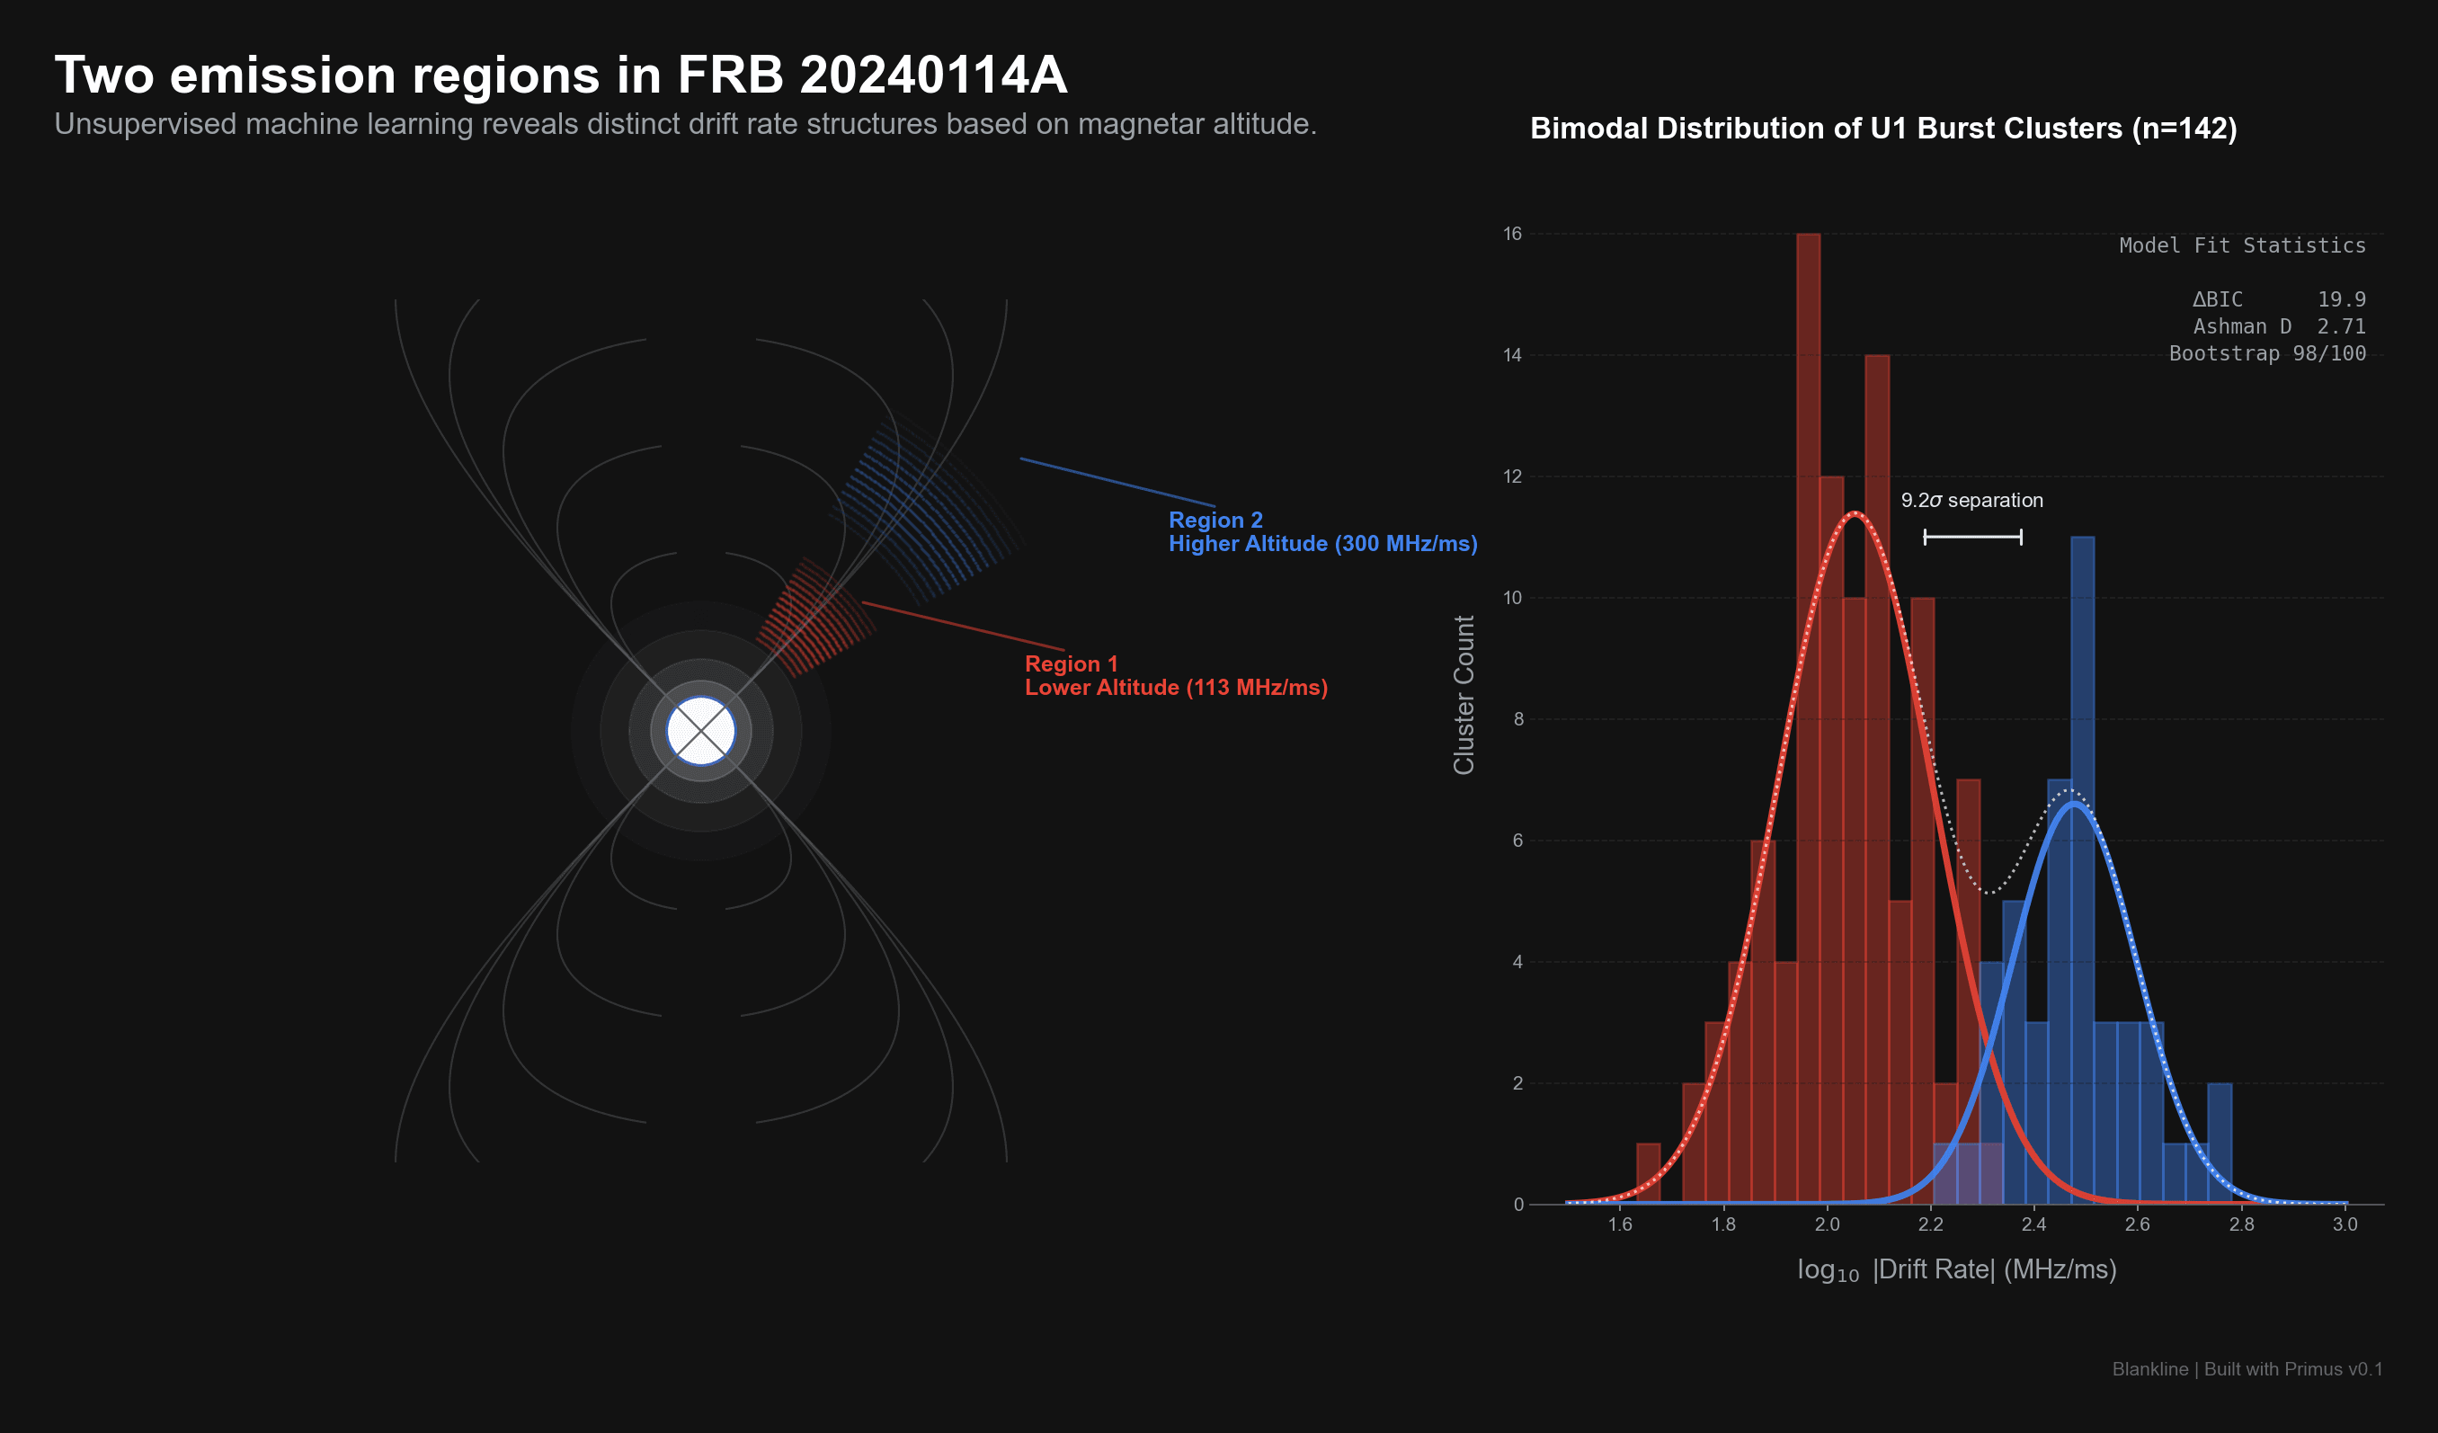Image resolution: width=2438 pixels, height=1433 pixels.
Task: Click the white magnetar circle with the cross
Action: (x=700, y=731)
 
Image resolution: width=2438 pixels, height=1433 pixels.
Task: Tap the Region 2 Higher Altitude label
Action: (x=1321, y=532)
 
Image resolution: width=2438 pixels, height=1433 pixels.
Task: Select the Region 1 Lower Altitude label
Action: (x=1176, y=675)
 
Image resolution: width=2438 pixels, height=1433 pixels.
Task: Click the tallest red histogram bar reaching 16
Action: (x=1807, y=716)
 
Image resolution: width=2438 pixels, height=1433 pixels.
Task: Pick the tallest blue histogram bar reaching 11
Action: (x=2082, y=871)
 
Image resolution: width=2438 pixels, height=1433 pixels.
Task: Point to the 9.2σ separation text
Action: (x=1971, y=500)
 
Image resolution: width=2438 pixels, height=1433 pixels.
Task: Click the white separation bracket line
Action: (x=1972, y=537)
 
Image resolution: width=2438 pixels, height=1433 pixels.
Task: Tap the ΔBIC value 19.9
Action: (x=2341, y=300)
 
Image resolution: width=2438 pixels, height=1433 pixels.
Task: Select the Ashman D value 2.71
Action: (x=2341, y=327)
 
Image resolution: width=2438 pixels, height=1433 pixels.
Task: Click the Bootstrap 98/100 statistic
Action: (x=2267, y=354)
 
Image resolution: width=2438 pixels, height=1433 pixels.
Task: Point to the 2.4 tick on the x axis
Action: (x=2033, y=1224)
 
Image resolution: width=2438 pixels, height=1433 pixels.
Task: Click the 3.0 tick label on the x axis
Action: (x=2345, y=1224)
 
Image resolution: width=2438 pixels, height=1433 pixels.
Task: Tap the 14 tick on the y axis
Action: (x=1512, y=355)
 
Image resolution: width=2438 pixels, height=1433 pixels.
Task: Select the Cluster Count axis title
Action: (x=1464, y=695)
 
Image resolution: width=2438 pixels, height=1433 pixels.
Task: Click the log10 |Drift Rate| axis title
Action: (x=1956, y=1269)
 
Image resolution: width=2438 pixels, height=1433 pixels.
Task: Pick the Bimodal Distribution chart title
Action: (x=1882, y=129)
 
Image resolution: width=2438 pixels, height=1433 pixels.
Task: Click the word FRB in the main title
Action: (x=731, y=75)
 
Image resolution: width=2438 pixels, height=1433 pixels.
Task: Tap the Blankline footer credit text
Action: (x=2247, y=1369)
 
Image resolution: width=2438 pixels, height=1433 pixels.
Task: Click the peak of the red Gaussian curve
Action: (x=1854, y=514)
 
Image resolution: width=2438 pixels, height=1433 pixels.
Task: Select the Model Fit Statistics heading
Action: (x=2242, y=245)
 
